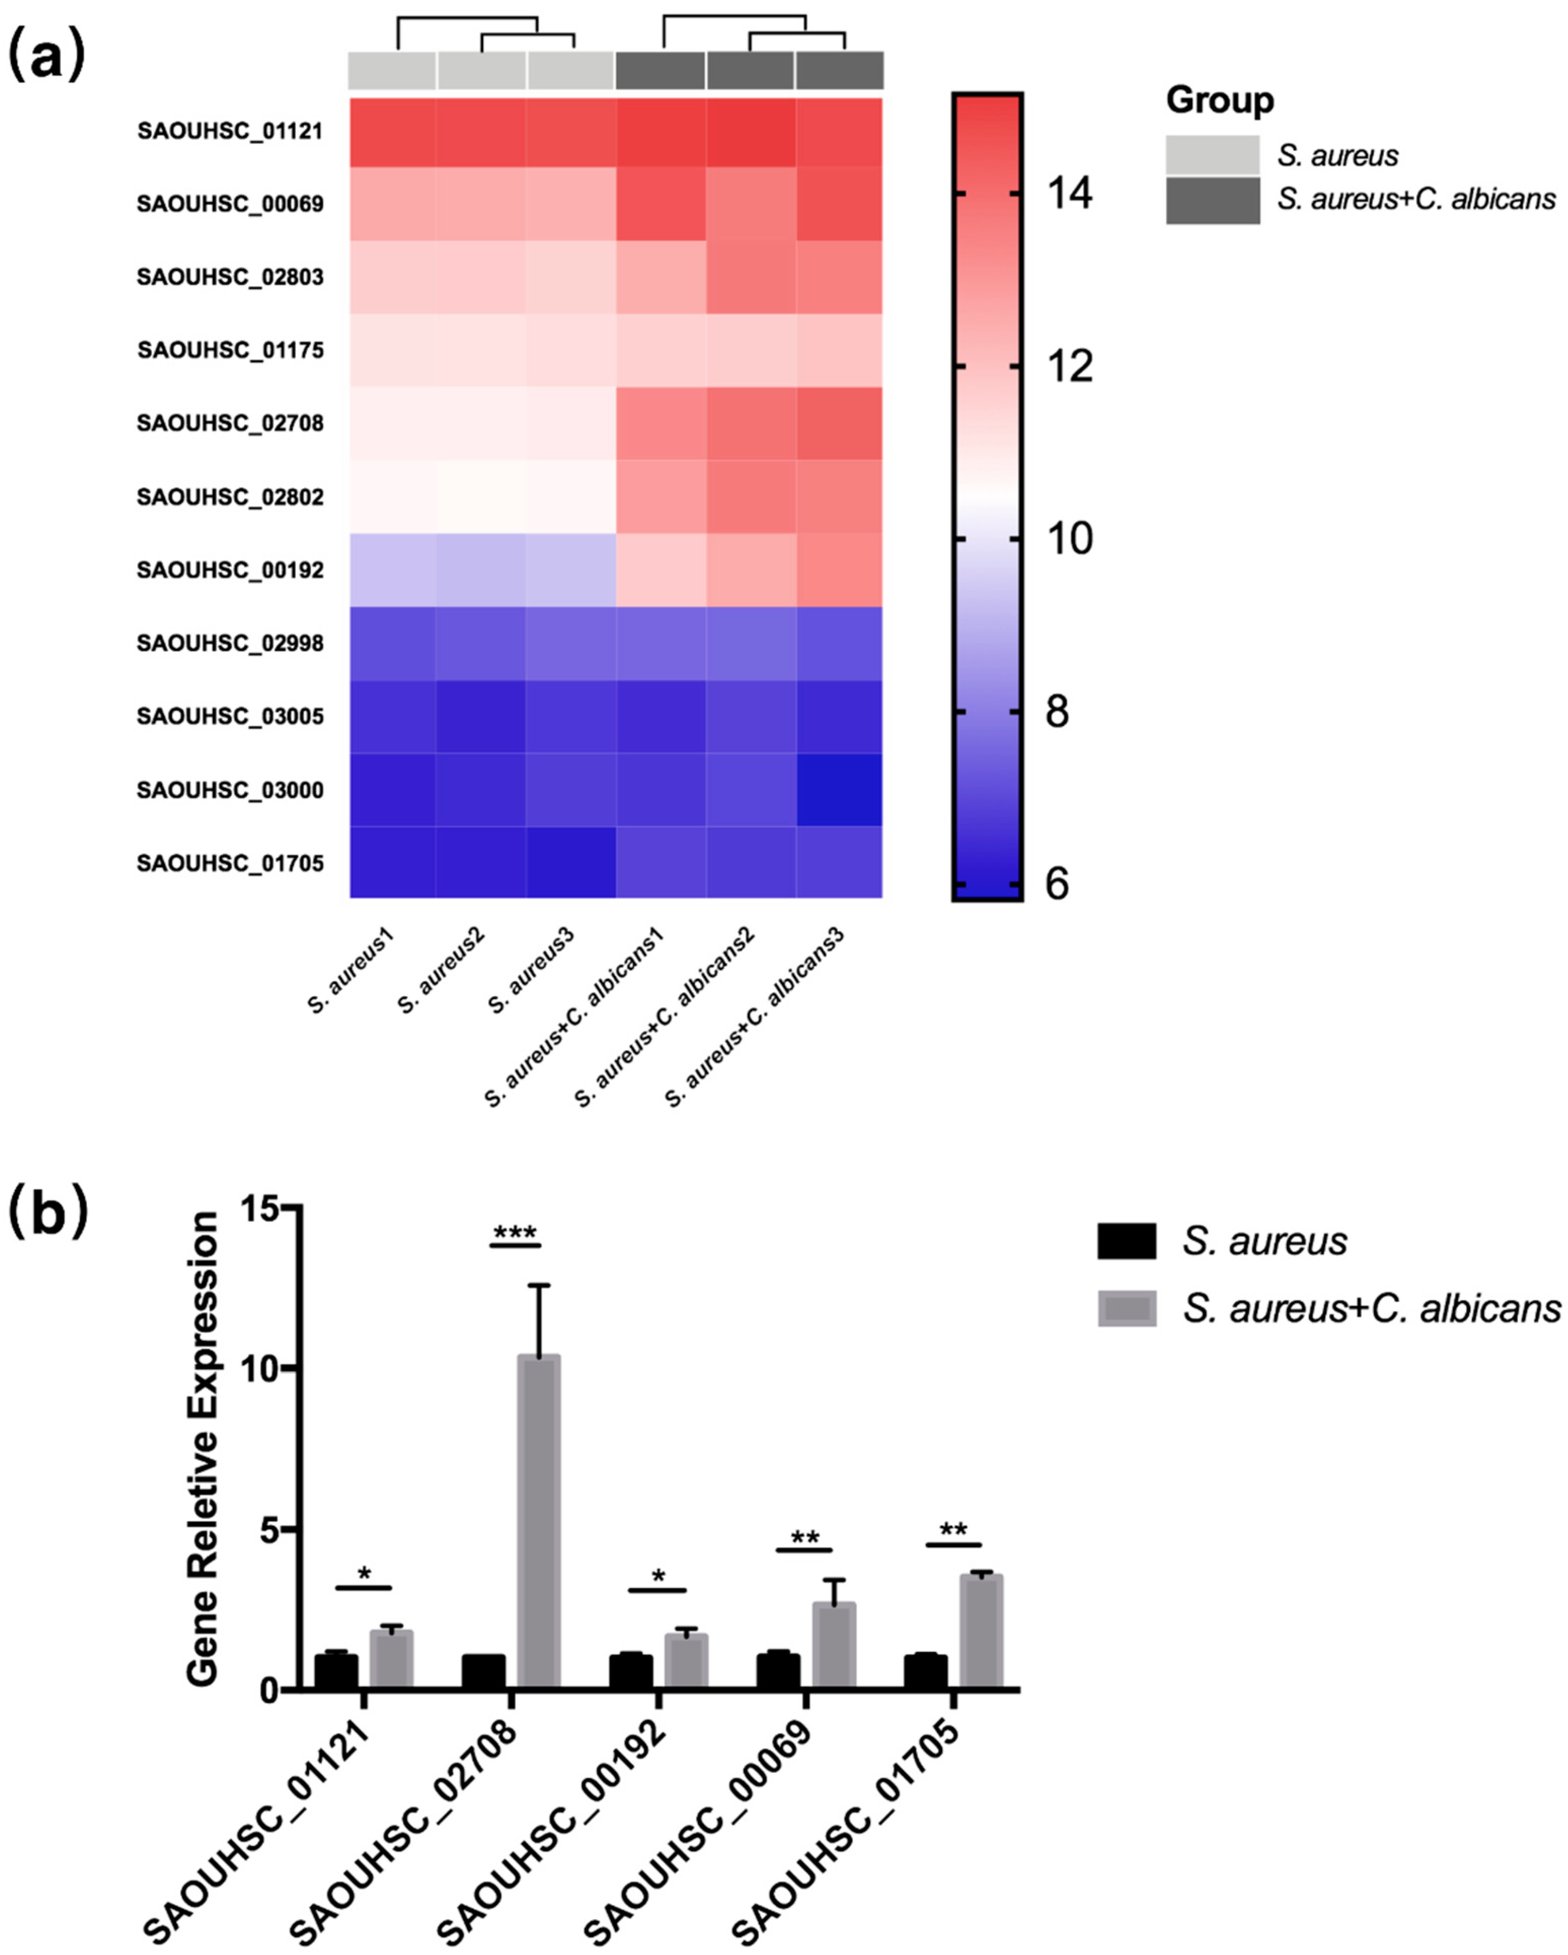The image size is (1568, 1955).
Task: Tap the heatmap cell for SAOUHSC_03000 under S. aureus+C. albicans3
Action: coord(839,790)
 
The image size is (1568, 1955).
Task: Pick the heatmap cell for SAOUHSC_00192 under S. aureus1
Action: coord(393,569)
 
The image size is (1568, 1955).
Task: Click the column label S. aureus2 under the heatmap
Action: coord(442,970)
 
